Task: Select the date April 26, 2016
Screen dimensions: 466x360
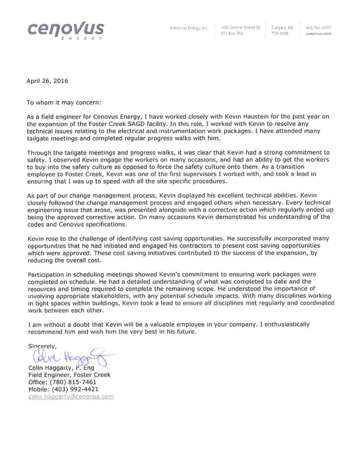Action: coord(47,81)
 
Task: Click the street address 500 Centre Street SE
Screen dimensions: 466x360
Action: coord(240,27)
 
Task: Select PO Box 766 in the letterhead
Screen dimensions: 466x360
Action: coord(232,33)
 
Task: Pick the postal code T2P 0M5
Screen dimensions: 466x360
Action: coord(280,33)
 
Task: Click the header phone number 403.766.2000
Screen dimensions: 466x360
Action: coord(318,27)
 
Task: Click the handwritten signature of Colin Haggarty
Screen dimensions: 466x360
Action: coord(71,357)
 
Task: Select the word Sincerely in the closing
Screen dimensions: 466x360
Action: coord(43,346)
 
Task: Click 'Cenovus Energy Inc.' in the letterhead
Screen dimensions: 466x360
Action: coord(190,27)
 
